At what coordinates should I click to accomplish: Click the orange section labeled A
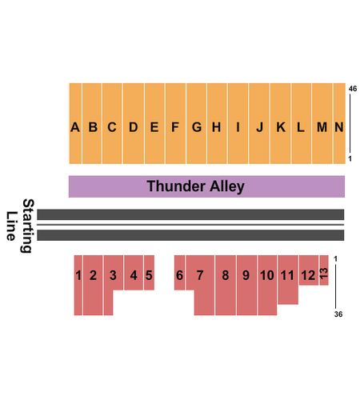[x=75, y=123]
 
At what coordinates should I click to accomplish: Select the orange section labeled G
[x=197, y=123]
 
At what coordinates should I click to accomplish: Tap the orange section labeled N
[x=339, y=123]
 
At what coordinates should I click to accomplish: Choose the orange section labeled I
[x=238, y=123]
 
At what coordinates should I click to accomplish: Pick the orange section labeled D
[x=134, y=123]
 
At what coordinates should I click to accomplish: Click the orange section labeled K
[x=280, y=123]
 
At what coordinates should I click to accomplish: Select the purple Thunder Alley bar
[x=206, y=186]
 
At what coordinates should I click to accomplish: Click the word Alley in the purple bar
[x=227, y=186]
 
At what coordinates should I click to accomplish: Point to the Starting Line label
[x=20, y=226]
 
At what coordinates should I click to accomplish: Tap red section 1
[x=78, y=285]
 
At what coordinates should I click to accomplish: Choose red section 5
[x=149, y=273]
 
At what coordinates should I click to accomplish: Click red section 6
[x=179, y=273]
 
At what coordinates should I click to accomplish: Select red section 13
[x=324, y=270]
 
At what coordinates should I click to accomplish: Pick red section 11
[x=288, y=279]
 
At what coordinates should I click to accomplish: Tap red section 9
[x=246, y=285]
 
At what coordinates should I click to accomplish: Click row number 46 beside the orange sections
[x=353, y=89]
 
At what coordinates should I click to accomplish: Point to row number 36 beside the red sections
[x=338, y=314]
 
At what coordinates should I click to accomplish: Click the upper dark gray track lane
[x=190, y=214]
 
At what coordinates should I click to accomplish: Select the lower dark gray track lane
[x=190, y=235]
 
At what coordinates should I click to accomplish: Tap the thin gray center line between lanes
[x=190, y=225]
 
